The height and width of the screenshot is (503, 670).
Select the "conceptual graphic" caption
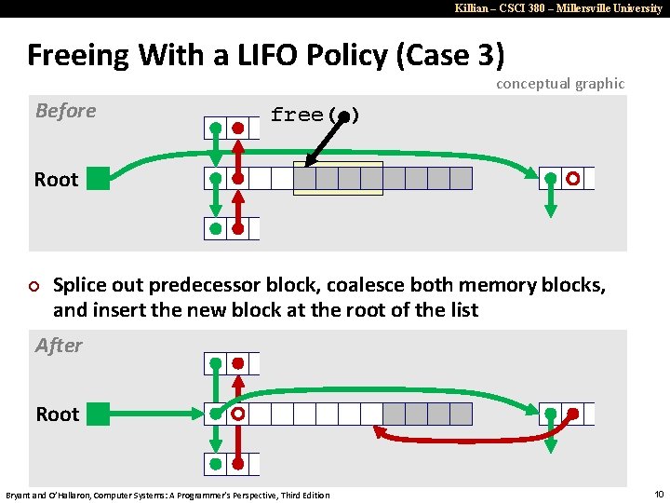[x=560, y=84]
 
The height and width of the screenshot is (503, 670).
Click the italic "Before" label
[x=65, y=111]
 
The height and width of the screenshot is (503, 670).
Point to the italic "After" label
[x=59, y=346]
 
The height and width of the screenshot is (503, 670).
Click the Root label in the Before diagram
[x=56, y=180]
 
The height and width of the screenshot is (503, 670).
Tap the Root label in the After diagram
[x=58, y=415]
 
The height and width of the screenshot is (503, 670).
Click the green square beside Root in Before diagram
[x=98, y=178]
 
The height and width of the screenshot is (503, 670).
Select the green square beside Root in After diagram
[x=98, y=414]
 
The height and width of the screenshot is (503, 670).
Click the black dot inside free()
[x=343, y=116]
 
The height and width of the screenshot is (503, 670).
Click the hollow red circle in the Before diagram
[x=573, y=178]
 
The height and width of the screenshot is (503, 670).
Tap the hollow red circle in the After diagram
[x=238, y=414]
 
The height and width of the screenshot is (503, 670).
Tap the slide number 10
[x=659, y=494]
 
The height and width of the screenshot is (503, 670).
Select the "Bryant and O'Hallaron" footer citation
[x=167, y=495]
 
